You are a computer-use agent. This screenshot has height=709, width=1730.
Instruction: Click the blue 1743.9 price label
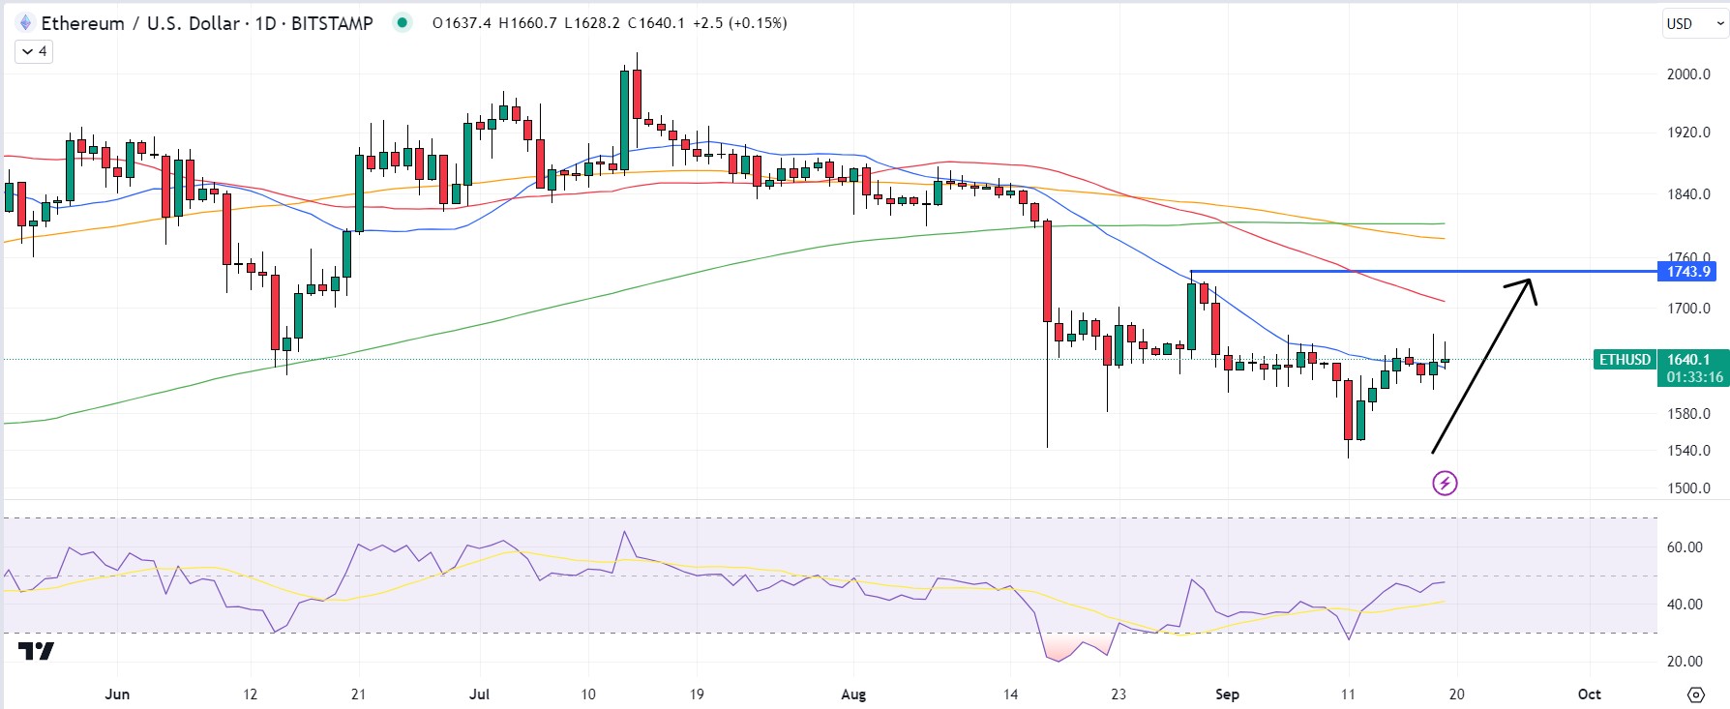coord(1688,272)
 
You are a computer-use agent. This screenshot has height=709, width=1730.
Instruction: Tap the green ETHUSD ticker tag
coord(1625,360)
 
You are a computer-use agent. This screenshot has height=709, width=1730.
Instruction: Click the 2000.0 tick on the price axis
coord(1688,74)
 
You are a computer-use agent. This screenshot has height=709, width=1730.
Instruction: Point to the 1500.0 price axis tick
coord(1688,488)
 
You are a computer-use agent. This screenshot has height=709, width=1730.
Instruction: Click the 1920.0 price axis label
coord(1688,133)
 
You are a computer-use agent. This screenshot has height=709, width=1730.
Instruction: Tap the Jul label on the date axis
coord(479,694)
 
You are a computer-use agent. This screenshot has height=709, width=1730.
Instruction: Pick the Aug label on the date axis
coord(853,694)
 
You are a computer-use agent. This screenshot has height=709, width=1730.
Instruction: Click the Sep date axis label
coord(1227,694)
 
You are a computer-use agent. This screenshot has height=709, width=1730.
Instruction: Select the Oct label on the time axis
coord(1589,694)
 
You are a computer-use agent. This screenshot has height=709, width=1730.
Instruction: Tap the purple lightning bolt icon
coord(1445,483)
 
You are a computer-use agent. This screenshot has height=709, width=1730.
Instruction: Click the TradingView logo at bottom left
coord(37,652)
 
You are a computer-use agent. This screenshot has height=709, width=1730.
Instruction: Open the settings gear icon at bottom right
coord(1695,694)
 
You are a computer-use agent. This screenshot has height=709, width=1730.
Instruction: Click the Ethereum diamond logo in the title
coord(25,23)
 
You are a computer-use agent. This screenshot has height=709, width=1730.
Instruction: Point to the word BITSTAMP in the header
coord(332,23)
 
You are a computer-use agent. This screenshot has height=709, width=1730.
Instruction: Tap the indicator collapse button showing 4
coord(34,51)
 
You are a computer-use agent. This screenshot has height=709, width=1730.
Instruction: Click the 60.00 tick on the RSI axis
coord(1685,547)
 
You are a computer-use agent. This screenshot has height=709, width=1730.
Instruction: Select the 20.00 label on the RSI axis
coord(1685,662)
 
